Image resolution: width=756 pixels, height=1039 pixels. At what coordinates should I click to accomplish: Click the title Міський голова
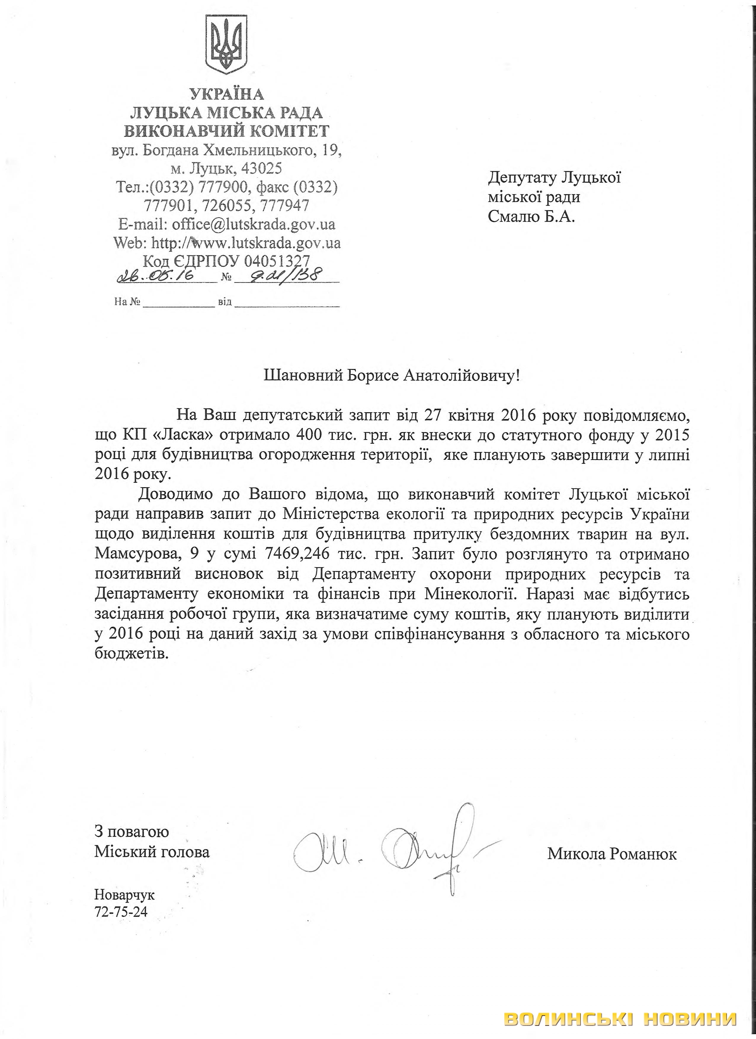(152, 852)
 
